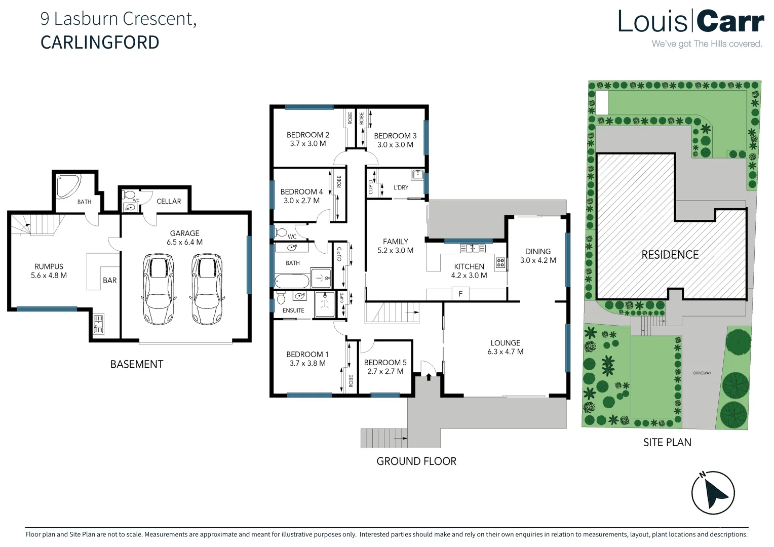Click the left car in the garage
[159, 289]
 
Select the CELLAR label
[169, 201]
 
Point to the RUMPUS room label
[49, 266]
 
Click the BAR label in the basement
[110, 280]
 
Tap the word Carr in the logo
[730, 22]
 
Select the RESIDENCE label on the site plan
[670, 255]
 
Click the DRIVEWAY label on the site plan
[702, 373]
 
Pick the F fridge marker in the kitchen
[460, 294]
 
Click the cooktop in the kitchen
[500, 262]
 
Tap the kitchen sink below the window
[473, 248]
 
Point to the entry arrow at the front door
[429, 377]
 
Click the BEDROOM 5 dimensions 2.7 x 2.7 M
[385, 371]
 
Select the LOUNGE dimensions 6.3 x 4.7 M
[505, 351]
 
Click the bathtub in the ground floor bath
[292, 281]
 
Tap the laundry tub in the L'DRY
[418, 175]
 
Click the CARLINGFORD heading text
[100, 43]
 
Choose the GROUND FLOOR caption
[416, 461]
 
